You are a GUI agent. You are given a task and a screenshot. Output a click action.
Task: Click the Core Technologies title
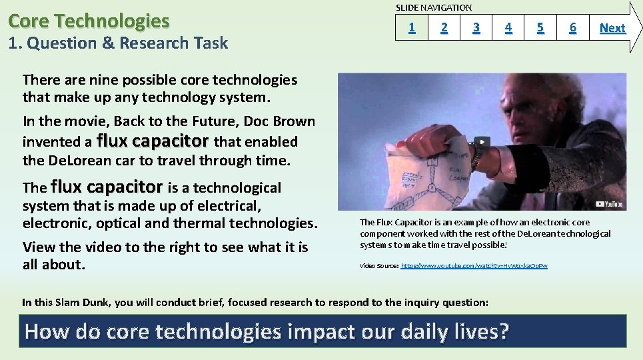[89, 21]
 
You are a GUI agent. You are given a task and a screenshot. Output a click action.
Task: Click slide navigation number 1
[412, 28]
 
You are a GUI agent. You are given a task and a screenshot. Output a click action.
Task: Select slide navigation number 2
[444, 28]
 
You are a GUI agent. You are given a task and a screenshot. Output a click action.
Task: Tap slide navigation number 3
[476, 28]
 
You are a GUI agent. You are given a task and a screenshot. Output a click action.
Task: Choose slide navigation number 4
[508, 28]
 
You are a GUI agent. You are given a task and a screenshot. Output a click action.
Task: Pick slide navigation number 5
[540, 28]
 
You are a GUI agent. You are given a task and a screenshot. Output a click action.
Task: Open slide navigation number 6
[572, 28]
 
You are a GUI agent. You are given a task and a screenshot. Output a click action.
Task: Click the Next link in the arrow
[612, 28]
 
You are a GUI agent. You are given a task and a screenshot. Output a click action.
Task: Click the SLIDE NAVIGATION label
[434, 7]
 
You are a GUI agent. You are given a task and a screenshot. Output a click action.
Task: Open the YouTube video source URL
[474, 265]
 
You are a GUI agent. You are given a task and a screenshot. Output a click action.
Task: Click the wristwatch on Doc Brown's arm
[477, 155]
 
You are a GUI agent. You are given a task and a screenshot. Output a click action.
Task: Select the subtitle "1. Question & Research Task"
[118, 43]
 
